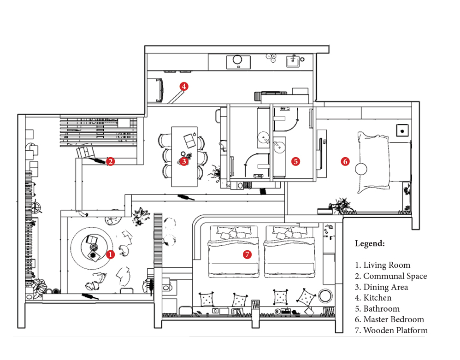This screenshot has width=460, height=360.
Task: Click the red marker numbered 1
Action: click(110, 254)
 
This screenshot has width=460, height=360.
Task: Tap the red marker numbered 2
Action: click(110, 161)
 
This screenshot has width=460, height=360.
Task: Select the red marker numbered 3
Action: click(184, 161)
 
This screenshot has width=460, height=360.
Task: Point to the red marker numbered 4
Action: click(184, 87)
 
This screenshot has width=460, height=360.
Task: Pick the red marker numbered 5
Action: click(296, 161)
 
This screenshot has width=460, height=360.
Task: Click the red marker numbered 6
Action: click(345, 161)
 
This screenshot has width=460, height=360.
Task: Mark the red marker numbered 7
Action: click(248, 254)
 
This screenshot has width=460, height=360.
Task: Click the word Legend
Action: click(370, 243)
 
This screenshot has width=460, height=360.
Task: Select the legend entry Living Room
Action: click(383, 265)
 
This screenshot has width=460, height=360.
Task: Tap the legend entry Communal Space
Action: click(391, 277)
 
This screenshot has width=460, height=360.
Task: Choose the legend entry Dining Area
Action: click(381, 287)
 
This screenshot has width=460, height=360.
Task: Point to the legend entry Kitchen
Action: click(373, 298)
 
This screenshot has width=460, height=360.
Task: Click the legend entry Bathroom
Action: click(377, 309)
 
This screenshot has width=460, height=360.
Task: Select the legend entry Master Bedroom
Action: click(389, 319)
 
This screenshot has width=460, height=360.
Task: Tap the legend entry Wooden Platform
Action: click(391, 330)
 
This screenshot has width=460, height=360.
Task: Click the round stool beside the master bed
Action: click(361, 169)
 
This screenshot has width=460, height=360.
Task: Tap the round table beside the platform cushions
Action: click(325, 296)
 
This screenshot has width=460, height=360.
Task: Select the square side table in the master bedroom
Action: click(402, 130)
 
